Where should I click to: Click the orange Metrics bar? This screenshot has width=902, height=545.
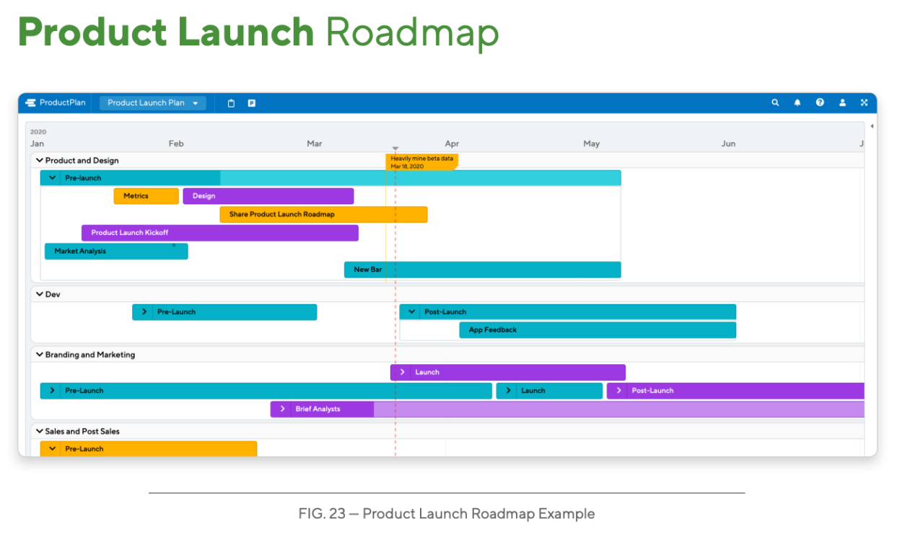coord(146,196)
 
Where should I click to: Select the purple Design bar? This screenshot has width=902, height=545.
coord(268,196)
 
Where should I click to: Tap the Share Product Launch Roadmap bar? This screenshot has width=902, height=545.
coord(323,214)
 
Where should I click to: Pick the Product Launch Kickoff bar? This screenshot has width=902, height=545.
coord(220,233)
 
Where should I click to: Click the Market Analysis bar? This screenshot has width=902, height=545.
coord(116,252)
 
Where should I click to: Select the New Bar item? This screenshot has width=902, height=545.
coord(483,270)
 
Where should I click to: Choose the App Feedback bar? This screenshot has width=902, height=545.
coord(597,330)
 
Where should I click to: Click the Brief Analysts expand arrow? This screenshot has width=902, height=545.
coord(283,409)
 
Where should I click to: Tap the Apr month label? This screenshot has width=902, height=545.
coord(452,143)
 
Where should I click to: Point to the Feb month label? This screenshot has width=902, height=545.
coord(176,143)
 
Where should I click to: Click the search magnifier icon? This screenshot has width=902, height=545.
coord(775,102)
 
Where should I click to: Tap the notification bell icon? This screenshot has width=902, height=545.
coord(797,102)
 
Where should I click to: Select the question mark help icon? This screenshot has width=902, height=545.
coord(820,102)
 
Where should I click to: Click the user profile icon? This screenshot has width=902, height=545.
coord(842,102)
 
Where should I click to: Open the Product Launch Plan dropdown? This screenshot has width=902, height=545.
coord(152,103)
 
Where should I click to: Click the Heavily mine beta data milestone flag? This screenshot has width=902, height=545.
coord(421,162)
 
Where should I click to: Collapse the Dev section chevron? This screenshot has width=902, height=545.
coord(40,294)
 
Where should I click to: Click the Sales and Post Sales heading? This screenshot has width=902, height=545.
coord(82,431)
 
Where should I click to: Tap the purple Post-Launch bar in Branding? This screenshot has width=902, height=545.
coord(736,391)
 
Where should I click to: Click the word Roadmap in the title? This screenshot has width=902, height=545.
coord(412,32)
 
